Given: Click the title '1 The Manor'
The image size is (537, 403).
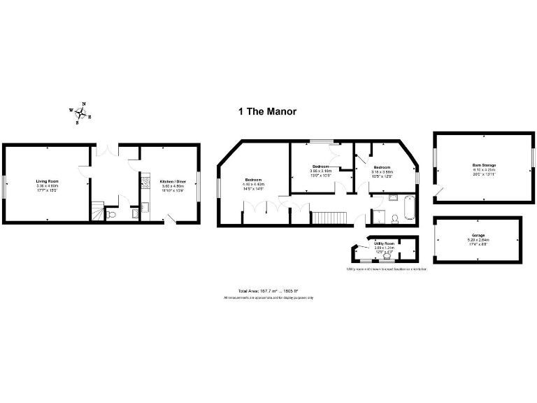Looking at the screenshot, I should click(268, 111).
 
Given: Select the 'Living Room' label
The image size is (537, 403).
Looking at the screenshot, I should click(47, 181).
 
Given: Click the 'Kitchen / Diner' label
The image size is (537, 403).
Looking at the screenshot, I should click(170, 181).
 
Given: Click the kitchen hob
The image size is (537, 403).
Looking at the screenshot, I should click(145, 184).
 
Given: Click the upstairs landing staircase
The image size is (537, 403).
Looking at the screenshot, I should click(328, 217).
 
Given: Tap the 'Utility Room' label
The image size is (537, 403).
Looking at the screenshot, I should click(384, 243).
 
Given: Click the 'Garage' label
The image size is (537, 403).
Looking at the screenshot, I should click(478, 235).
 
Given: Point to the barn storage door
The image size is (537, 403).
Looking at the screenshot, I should click(438, 191).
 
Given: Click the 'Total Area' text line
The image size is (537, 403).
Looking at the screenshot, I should click(268, 291).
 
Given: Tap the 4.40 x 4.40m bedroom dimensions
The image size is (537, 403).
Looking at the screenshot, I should click(252, 184).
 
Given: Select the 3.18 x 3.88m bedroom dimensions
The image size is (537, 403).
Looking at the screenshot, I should click(382, 171).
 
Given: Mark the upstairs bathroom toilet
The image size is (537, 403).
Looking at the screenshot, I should click(394, 219).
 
